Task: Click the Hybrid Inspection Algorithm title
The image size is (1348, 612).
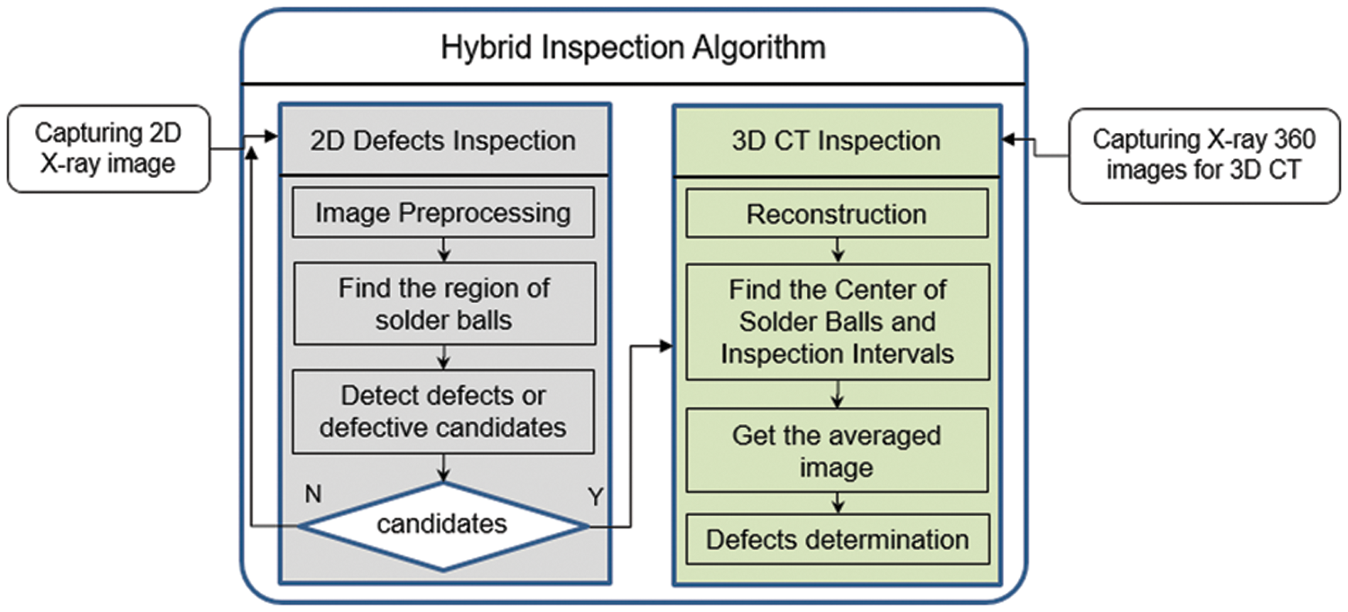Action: (633, 47)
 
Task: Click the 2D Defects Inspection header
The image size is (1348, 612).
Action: (444, 140)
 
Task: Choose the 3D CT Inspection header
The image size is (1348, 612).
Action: (836, 140)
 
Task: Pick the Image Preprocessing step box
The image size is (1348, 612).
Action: (444, 213)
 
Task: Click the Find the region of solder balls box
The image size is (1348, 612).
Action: (444, 304)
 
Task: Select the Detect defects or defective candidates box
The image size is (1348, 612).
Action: (444, 412)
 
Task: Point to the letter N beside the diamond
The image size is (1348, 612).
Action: (313, 494)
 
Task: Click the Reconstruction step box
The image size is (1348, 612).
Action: (837, 215)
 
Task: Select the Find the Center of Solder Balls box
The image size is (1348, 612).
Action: (837, 322)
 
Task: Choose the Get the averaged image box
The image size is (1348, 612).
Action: (837, 450)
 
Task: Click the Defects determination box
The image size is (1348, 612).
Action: (837, 539)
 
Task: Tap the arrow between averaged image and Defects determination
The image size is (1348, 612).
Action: (837, 503)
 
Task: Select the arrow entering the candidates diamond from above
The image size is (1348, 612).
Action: (444, 468)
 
